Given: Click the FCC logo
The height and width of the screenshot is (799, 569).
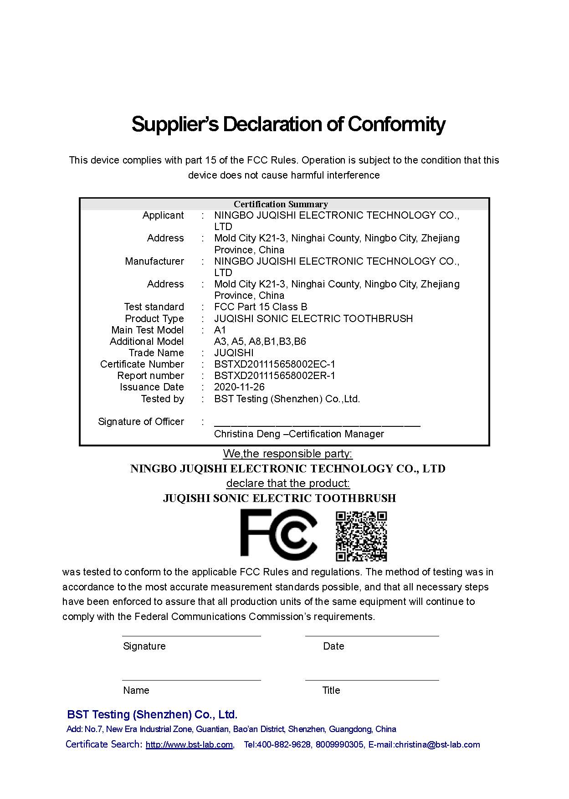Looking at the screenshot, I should [278, 533].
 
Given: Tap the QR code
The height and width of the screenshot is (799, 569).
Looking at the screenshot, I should [361, 536].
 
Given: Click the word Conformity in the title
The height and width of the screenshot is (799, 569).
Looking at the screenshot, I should [396, 124].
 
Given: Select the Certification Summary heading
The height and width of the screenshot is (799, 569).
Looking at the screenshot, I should [281, 204].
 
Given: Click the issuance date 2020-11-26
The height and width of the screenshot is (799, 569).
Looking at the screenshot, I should [239, 387].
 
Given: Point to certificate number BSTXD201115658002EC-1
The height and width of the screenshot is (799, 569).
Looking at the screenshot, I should [274, 364].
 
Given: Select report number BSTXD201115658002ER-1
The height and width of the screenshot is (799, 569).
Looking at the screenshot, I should [274, 376].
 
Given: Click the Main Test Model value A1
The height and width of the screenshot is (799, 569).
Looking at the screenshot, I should [220, 330].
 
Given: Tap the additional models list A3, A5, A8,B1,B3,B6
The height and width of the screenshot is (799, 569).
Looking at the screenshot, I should [260, 342].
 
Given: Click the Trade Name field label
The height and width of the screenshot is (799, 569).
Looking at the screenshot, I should [156, 353].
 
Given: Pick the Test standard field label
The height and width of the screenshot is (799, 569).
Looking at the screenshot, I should [154, 307].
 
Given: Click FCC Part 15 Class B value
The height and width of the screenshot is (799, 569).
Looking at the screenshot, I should [261, 307].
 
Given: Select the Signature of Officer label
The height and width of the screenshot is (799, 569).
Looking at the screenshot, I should [141, 422].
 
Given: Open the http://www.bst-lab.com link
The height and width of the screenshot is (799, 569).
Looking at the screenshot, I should [189, 745].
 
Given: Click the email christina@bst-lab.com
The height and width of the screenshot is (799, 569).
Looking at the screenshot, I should [437, 745].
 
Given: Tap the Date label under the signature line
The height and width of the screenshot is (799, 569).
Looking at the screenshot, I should [333, 646].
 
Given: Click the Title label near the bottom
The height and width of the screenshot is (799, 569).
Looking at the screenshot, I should [331, 690].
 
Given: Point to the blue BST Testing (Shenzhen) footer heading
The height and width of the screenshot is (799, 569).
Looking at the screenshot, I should [152, 714].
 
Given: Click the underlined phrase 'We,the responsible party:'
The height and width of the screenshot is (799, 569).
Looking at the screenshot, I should [287, 454].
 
